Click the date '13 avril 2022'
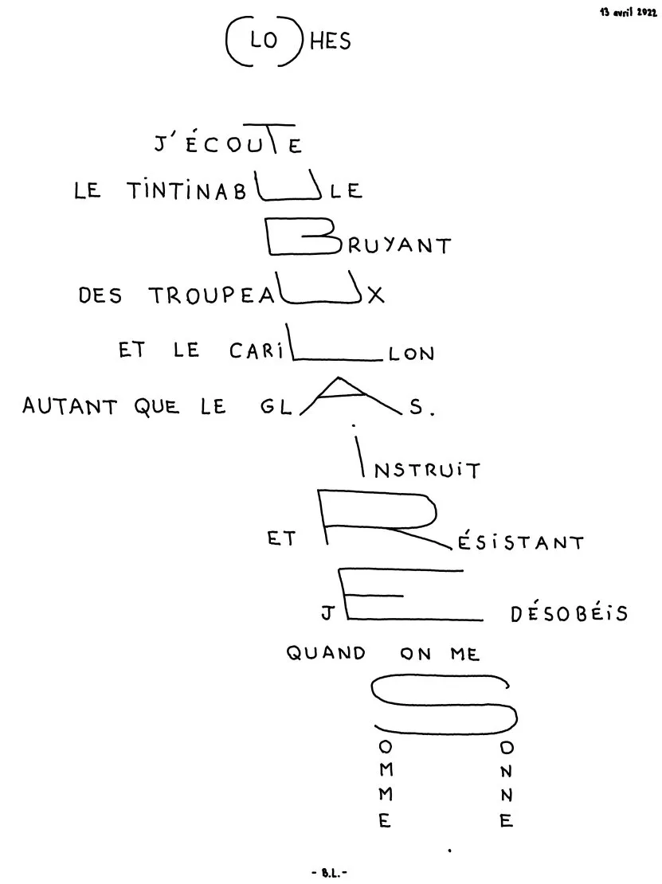[x=629, y=13]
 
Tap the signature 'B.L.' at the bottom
[x=329, y=873]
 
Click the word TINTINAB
[x=186, y=190]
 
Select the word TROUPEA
[x=211, y=295]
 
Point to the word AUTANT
[x=69, y=406]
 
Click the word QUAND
[x=326, y=653]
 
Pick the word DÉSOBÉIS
[x=570, y=612]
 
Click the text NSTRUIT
[x=428, y=470]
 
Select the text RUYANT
[x=399, y=245]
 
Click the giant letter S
[x=444, y=705]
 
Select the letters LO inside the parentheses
[x=264, y=39]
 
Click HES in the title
[x=331, y=41]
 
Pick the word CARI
[x=257, y=350]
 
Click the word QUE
[x=157, y=406]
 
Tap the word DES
[x=100, y=295]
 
